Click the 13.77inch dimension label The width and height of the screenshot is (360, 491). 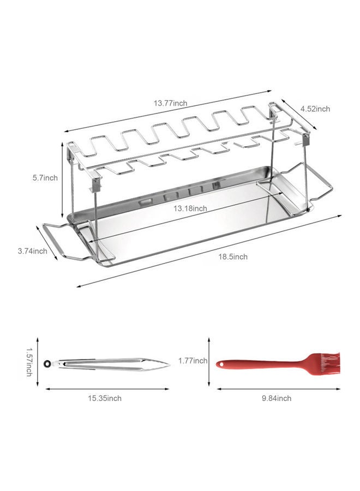(x=170, y=103)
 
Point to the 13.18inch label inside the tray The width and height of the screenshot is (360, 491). (x=190, y=208)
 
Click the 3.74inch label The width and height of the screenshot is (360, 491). (x=32, y=251)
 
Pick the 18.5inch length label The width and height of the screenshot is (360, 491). (x=232, y=256)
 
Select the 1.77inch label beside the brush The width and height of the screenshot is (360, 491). (x=193, y=361)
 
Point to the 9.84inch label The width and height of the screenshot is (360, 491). (x=276, y=398)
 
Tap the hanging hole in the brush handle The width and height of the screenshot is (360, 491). (x=220, y=363)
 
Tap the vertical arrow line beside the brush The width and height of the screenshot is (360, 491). (x=209, y=361)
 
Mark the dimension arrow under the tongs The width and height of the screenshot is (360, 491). (x=107, y=389)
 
